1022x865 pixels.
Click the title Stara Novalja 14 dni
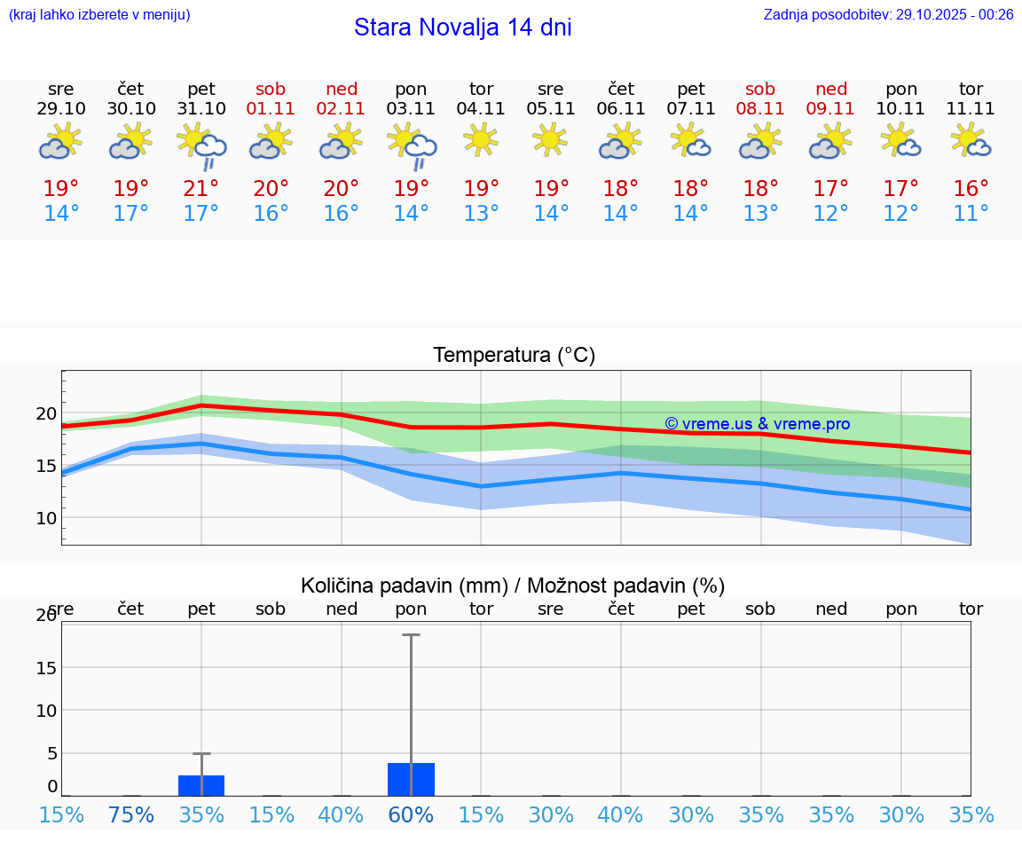tap(462, 28)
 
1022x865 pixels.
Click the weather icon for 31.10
tap(201, 145)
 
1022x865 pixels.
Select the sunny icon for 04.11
tap(481, 139)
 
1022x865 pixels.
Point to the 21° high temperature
tap(201, 189)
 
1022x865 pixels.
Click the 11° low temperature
tap(971, 214)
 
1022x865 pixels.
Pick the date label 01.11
tap(271, 109)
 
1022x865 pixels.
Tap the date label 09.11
tap(830, 109)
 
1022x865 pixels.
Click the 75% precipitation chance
tap(131, 815)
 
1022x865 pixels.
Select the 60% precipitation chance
tap(412, 815)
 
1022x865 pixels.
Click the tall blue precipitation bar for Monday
tap(411, 779)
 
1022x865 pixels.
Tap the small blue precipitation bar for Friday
tap(201, 785)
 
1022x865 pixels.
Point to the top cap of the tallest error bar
tap(411, 635)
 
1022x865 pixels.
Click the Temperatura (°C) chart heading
tap(514, 356)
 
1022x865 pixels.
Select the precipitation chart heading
tap(513, 586)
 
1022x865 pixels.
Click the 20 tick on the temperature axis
tap(46, 413)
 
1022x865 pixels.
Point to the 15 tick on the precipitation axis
tap(46, 667)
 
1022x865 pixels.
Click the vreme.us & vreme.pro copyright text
tap(757, 424)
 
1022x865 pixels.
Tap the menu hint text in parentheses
tap(98, 14)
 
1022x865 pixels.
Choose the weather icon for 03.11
tap(412, 145)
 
